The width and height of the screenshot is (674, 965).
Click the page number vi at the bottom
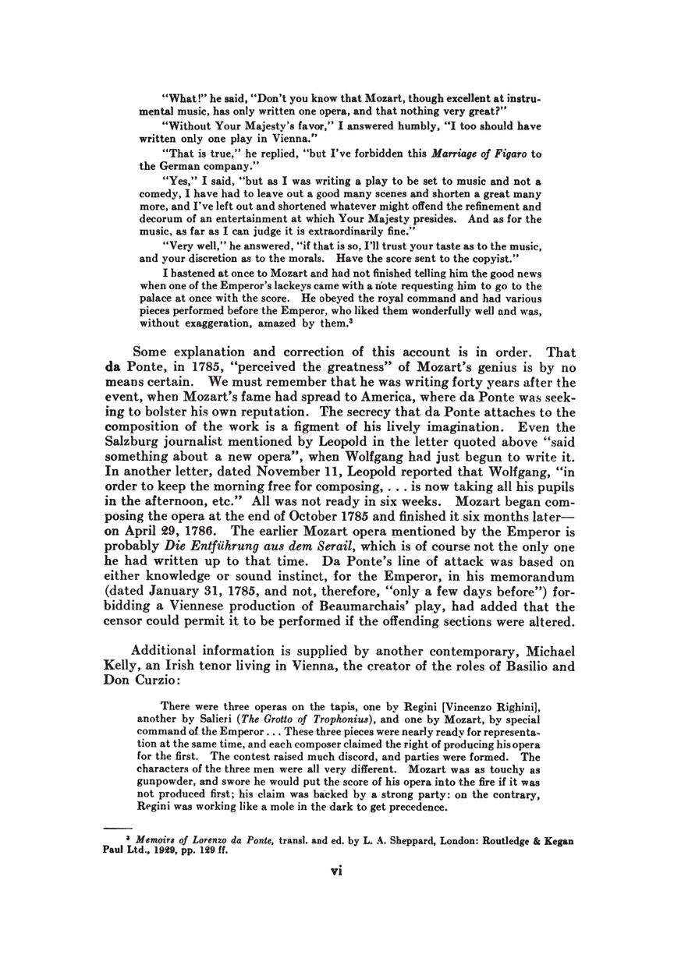(337, 871)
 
